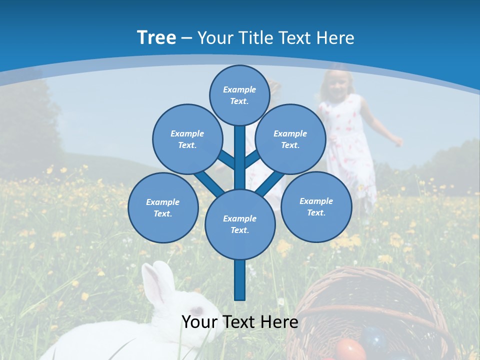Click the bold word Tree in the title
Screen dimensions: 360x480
156,37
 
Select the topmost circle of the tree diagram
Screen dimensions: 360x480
239,95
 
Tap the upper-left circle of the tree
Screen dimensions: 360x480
187,139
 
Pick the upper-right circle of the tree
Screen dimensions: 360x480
290,139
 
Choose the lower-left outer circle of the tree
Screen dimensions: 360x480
162,207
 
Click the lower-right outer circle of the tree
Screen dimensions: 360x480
316,206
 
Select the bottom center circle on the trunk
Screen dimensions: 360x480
239,224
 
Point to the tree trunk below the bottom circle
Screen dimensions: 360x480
239,280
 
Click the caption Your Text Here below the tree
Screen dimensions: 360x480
239,321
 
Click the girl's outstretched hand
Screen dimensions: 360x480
397,141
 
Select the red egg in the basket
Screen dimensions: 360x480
349,349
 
